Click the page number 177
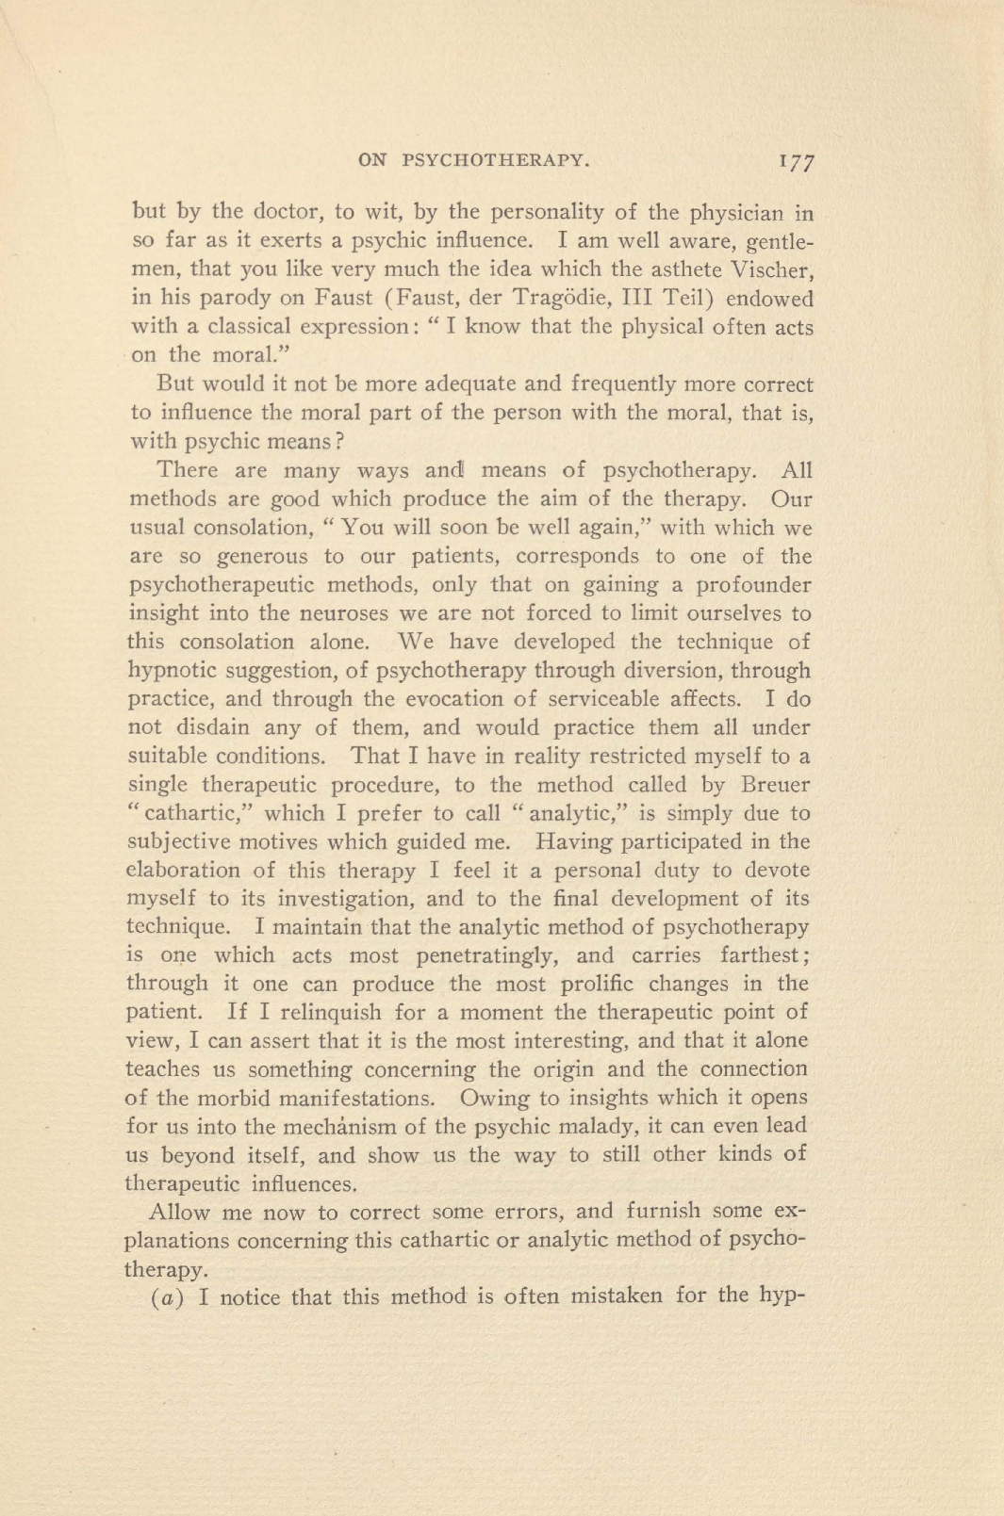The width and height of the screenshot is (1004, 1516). tap(797, 160)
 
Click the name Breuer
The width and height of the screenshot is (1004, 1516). tap(775, 784)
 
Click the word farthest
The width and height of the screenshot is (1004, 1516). tap(765, 955)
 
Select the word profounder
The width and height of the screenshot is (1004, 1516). tap(753, 585)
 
